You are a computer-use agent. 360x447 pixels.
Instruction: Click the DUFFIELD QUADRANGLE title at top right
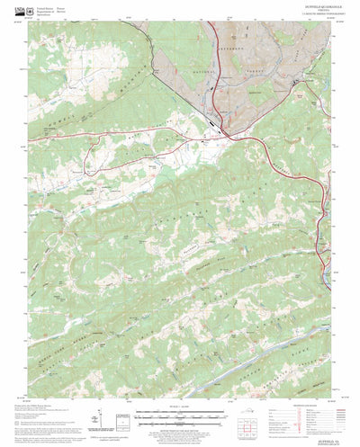(310, 10)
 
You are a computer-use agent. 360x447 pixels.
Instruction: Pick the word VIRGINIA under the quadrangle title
(310, 13)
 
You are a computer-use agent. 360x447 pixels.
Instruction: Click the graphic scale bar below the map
(180, 416)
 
